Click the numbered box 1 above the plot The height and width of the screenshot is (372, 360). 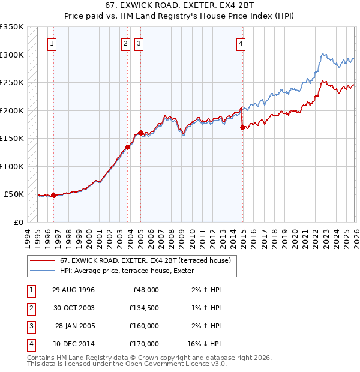pos(53,43)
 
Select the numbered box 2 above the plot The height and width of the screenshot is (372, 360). pos(125,43)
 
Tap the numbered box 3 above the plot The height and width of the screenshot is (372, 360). pos(139,43)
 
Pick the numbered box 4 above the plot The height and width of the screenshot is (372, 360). pos(241,43)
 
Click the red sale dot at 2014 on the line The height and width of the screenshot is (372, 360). pos(242,127)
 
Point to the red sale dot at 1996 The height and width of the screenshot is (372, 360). pos(54,195)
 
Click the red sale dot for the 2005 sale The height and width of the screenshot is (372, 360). pos(140,133)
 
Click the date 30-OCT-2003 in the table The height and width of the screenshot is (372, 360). pos(74,308)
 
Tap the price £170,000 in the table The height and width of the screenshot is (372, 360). pos(143,344)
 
